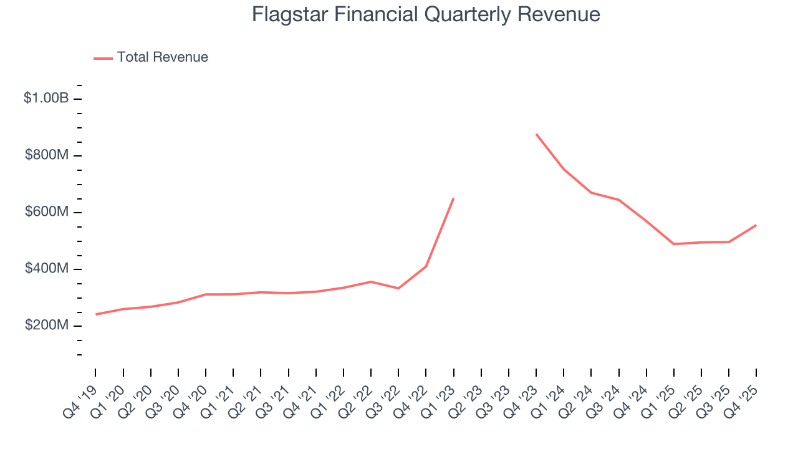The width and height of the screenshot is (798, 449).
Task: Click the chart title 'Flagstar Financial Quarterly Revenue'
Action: point(426,14)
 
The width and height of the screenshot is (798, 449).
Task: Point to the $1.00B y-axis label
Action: point(46,99)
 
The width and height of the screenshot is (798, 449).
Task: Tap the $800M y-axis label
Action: point(46,155)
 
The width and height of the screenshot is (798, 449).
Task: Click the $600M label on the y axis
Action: point(46,212)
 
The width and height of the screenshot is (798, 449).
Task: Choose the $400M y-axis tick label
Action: point(46,269)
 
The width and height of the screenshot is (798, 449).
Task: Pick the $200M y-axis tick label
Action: point(46,326)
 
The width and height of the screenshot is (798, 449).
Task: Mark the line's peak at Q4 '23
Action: point(536,134)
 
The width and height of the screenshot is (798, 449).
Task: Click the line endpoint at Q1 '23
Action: point(453,199)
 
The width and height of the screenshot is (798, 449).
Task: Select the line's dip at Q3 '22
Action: point(398,288)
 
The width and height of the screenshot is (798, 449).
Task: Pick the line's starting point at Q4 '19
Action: point(96,314)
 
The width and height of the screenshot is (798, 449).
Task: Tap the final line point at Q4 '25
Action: point(756,225)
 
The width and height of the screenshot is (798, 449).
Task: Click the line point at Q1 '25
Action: point(674,244)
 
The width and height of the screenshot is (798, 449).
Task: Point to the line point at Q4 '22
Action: point(426,266)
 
